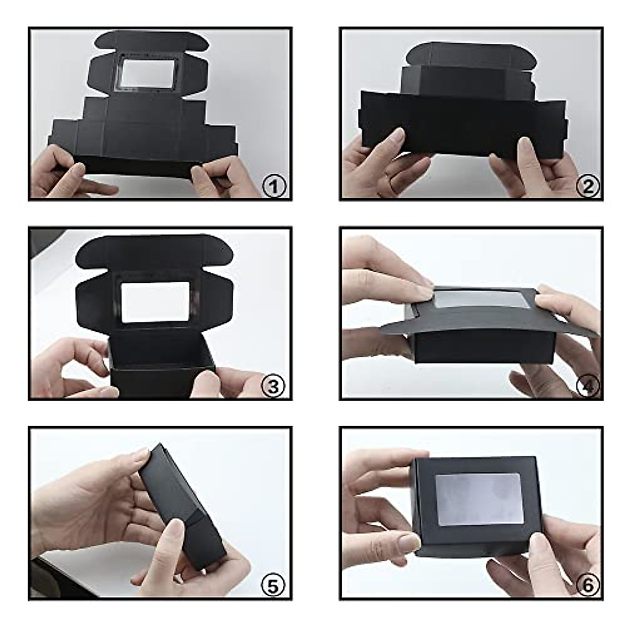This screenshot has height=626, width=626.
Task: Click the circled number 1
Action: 274,186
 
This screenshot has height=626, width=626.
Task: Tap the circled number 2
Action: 587,186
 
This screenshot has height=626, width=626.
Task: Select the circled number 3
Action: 274,386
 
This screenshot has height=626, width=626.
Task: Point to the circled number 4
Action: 588,386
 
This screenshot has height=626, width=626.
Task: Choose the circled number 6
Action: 588,586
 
